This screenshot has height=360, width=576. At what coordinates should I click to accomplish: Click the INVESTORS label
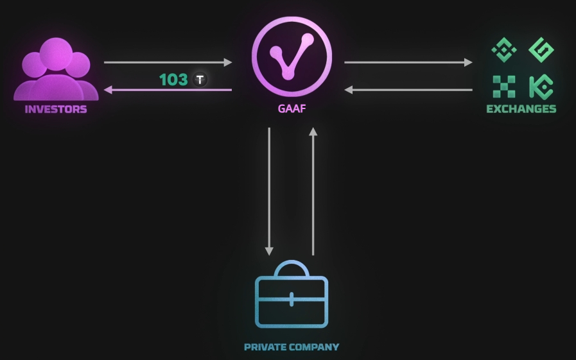pos(56,109)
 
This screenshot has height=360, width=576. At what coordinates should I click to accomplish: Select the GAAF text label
pos(292,109)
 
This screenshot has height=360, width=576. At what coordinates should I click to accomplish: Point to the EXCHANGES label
pos(521,109)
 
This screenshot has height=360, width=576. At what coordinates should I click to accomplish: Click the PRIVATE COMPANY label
pos(292,347)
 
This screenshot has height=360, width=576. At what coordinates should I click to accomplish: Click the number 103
pos(173,80)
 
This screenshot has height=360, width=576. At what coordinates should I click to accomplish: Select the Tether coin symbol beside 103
pos(201,80)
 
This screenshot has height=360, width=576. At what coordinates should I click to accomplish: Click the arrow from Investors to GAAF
pos(168,62)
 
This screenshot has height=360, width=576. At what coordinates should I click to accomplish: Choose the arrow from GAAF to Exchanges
pos(408,62)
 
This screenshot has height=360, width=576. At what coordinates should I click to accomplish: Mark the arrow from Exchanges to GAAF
pos(408,90)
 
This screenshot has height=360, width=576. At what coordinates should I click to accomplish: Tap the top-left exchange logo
pos(504,50)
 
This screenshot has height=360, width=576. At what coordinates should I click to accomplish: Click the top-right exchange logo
pos(541,50)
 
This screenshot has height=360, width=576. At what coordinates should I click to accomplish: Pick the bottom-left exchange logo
pos(504,87)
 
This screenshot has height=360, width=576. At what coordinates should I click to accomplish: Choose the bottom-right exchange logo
pos(541,87)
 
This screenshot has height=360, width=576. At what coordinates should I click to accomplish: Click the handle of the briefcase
pos(292,268)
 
